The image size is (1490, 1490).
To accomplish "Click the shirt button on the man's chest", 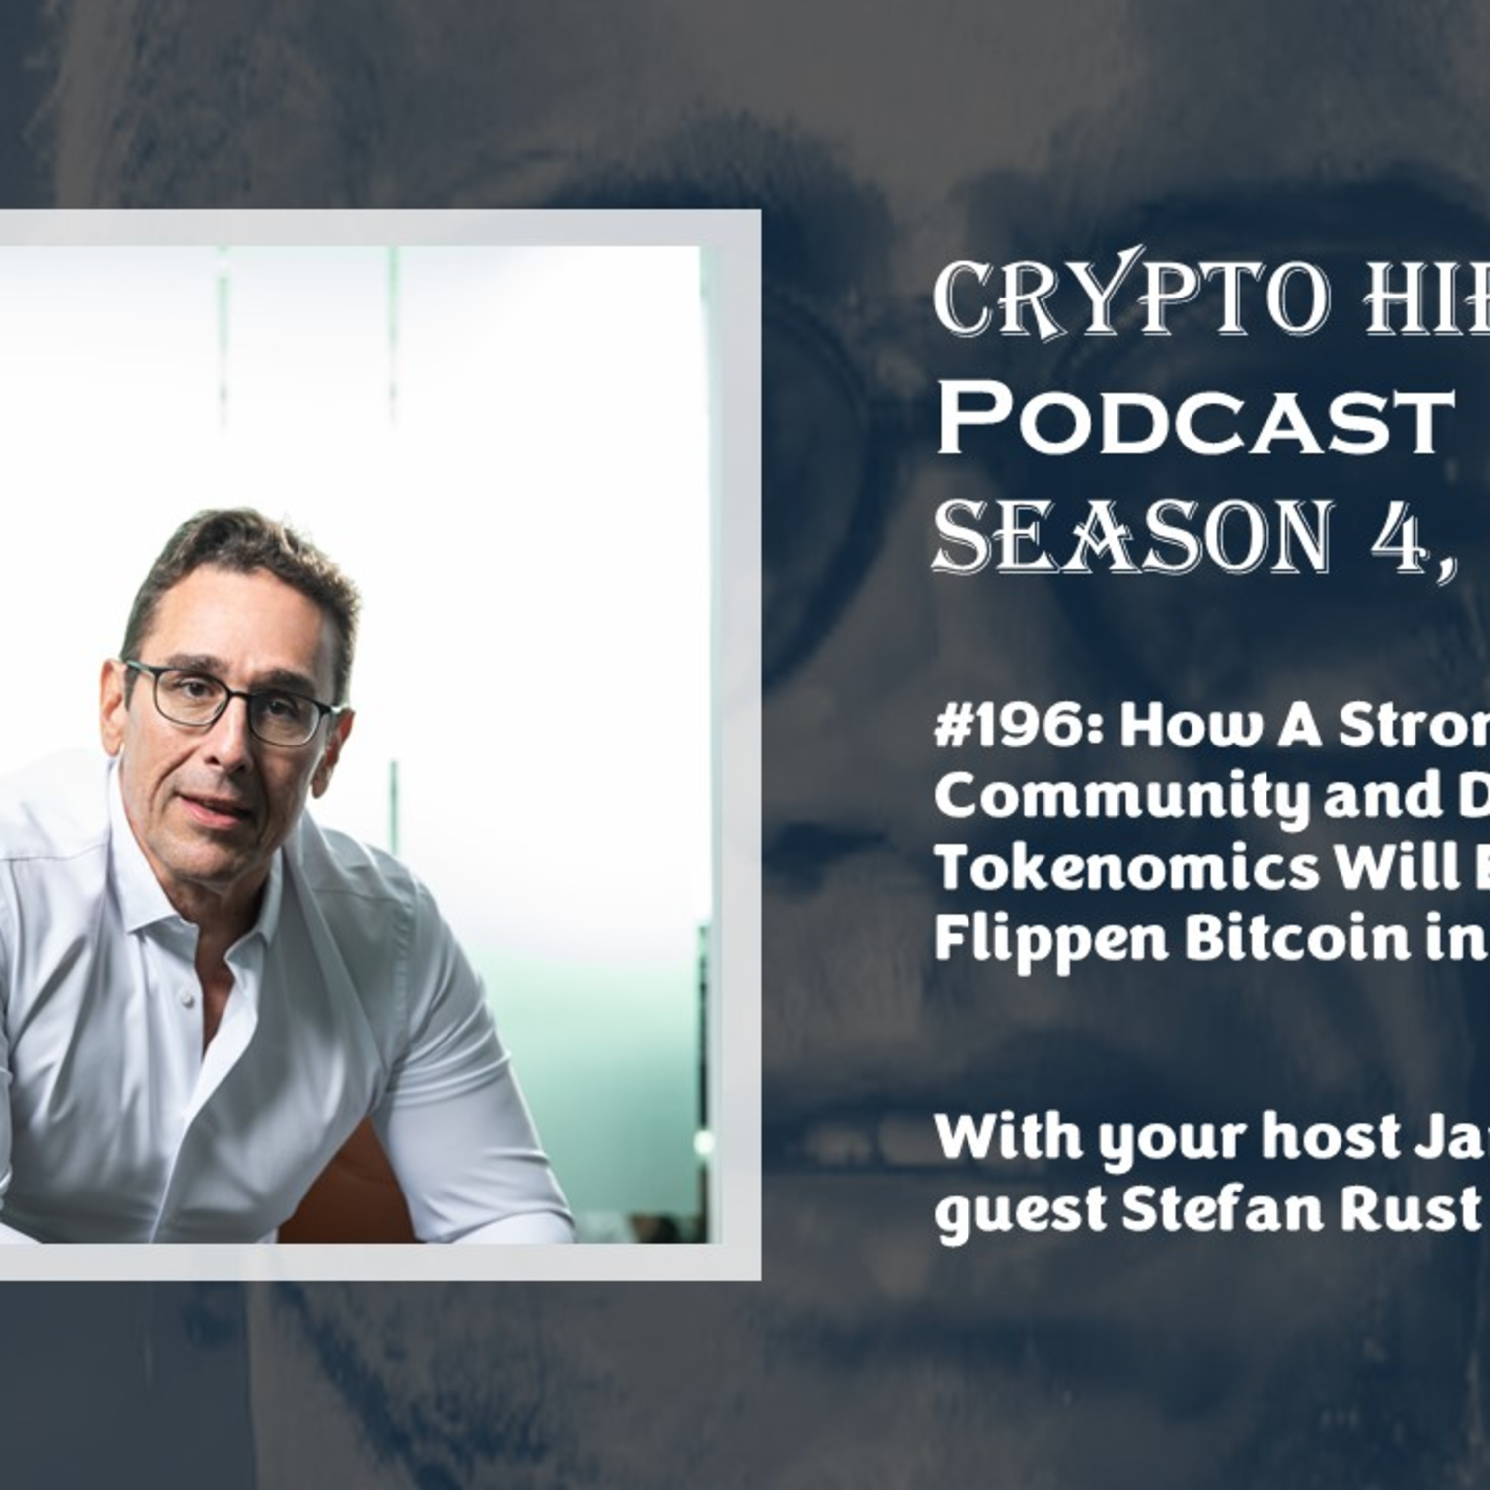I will (x=185, y=999).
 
